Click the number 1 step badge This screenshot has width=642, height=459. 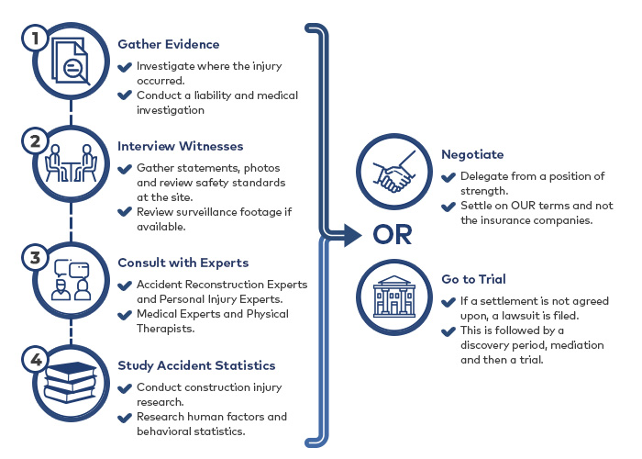tap(36, 39)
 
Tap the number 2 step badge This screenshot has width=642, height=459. tap(36, 141)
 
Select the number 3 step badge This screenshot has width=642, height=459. tap(36, 257)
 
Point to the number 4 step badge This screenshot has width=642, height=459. tap(36, 360)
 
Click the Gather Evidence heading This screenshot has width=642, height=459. tap(168, 44)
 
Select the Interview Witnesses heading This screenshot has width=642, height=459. tap(180, 146)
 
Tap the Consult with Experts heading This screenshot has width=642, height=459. tap(183, 263)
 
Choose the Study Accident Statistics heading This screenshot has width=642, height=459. tap(196, 365)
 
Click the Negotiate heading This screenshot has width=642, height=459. tap(472, 154)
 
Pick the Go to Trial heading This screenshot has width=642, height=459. tap(474, 279)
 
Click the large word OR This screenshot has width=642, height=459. tap(393, 235)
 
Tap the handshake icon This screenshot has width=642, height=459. tap(393, 173)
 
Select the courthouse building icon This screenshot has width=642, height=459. tap(394, 297)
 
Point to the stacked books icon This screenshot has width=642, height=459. tap(71, 383)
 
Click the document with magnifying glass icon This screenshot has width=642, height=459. tap(71, 62)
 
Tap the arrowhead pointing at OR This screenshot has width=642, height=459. tap(352, 235)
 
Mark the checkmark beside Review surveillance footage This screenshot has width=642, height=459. tap(125, 212)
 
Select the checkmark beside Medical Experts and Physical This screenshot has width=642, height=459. tap(125, 315)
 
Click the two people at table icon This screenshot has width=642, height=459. tap(71, 162)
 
